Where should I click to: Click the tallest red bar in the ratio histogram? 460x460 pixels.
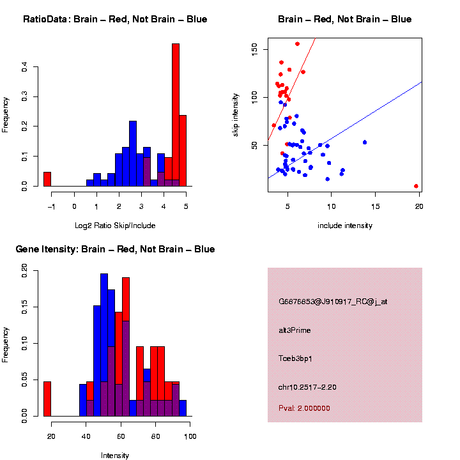(x=176, y=115)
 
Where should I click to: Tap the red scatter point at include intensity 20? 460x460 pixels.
(x=416, y=186)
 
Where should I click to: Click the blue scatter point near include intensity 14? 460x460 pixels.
(x=364, y=142)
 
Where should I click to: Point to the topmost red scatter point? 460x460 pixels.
(x=297, y=44)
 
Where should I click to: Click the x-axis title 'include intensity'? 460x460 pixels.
(x=344, y=226)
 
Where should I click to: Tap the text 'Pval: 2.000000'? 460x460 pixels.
(x=304, y=408)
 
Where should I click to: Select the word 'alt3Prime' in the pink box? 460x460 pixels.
(x=295, y=330)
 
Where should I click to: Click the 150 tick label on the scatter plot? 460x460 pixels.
(x=254, y=49)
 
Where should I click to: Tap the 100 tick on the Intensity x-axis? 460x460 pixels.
(x=190, y=436)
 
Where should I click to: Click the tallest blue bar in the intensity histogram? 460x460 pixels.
(x=103, y=345)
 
